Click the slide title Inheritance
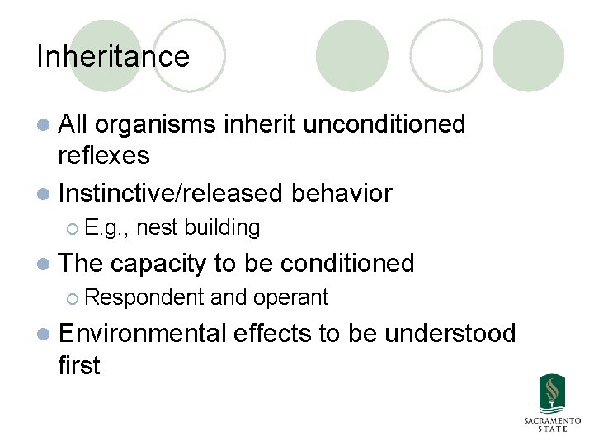113,57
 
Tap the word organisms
158,124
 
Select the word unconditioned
384,124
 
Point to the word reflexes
103,155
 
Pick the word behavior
342,194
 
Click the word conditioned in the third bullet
346,263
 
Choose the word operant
291,297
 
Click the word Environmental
142,333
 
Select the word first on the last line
79,364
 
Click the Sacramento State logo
551,403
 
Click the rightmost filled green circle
528,56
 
